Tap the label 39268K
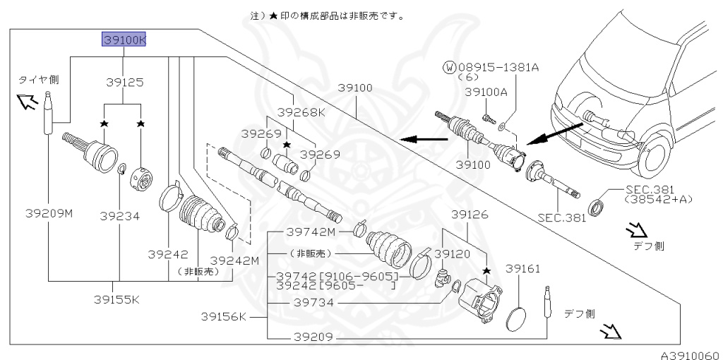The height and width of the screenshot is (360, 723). tap(301, 112)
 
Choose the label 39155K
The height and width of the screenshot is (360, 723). tap(117, 299)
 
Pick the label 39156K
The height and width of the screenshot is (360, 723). tap(223, 316)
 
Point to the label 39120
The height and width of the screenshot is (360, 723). tap(452, 252)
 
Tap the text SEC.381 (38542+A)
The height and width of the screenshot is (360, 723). tap(652, 195)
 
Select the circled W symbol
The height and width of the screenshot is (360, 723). tap(449, 68)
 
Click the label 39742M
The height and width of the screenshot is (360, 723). tap(311, 231)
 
